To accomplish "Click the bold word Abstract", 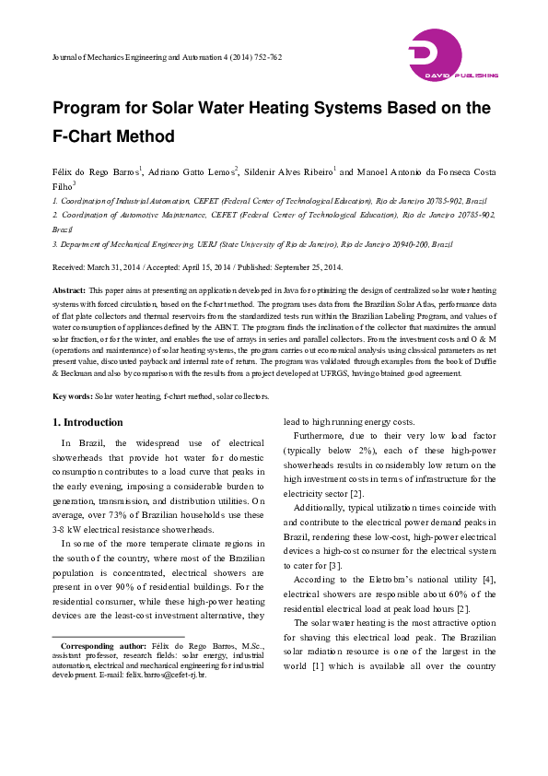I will pos(68,288).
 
